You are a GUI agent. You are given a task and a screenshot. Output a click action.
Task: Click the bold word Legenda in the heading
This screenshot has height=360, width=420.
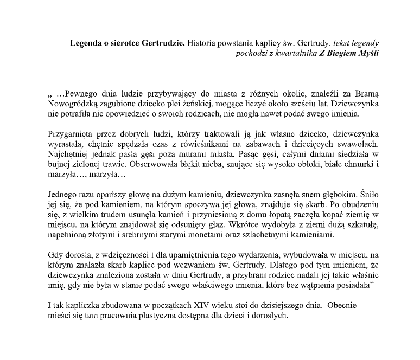[x=86, y=42]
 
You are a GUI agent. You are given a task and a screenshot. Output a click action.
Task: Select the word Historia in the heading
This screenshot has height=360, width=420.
[x=202, y=42]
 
